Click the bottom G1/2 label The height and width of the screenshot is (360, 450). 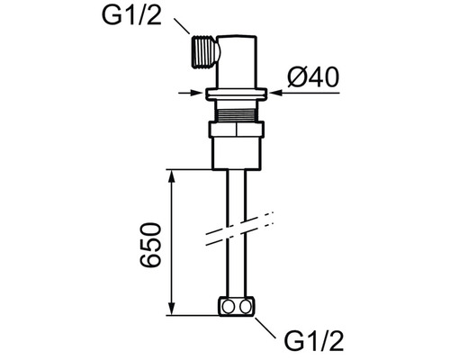(x=314, y=340)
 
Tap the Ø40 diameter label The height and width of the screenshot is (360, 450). (x=313, y=77)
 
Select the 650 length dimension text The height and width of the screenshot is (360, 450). (x=150, y=245)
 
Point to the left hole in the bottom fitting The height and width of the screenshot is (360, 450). (x=229, y=307)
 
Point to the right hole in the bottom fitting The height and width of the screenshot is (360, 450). (x=246, y=307)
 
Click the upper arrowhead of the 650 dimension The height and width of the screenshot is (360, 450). (x=171, y=176)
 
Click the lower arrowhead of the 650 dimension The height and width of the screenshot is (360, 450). (x=171, y=308)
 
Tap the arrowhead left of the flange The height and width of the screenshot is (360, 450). (x=198, y=93)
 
